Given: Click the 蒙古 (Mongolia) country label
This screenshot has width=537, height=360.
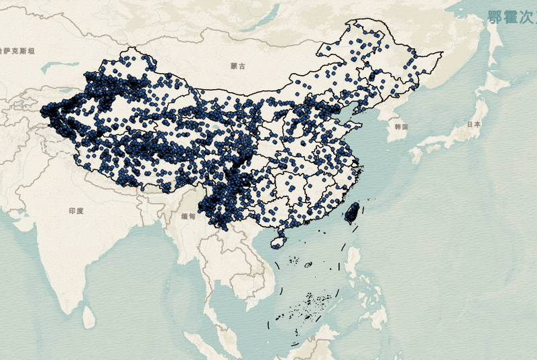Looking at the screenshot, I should tap(238, 66).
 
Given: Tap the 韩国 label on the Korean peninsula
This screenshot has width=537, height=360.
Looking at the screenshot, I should tap(402, 127).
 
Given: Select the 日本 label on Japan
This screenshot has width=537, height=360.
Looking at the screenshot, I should tap(474, 125).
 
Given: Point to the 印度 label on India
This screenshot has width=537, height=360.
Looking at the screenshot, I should tap(76, 211).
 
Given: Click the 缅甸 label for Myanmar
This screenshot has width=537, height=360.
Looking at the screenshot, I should tap(188, 217).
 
